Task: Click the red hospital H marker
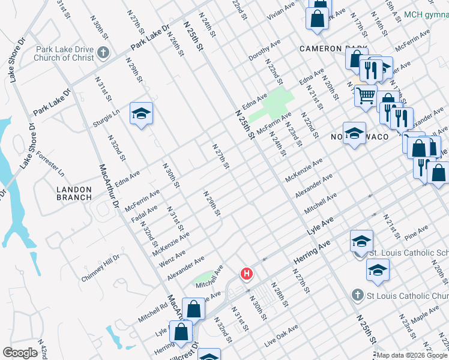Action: (246, 274)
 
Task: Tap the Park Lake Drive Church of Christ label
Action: (64, 53)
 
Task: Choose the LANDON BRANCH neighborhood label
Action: (74, 193)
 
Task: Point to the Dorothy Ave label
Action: (265, 52)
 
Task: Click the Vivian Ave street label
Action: (282, 8)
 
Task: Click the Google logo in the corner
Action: (20, 353)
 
